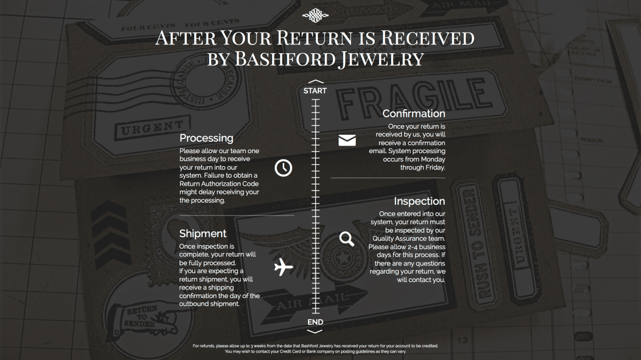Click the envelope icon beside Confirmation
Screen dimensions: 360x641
tap(347, 140)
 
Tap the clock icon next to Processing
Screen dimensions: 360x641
tap(283, 168)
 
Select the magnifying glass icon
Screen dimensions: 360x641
tap(347, 238)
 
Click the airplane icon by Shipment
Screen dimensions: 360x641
tap(283, 267)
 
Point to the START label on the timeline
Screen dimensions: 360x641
tap(315, 91)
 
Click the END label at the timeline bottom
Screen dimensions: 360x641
tap(315, 322)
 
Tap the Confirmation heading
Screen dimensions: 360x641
tap(413, 113)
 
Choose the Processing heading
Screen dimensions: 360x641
tap(206, 138)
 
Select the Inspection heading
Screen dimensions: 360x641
tap(419, 201)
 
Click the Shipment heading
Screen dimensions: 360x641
tap(203, 233)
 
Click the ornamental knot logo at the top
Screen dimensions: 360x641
tap(315, 16)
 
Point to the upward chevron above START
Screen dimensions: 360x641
tap(315, 82)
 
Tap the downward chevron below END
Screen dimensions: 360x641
tap(315, 331)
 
